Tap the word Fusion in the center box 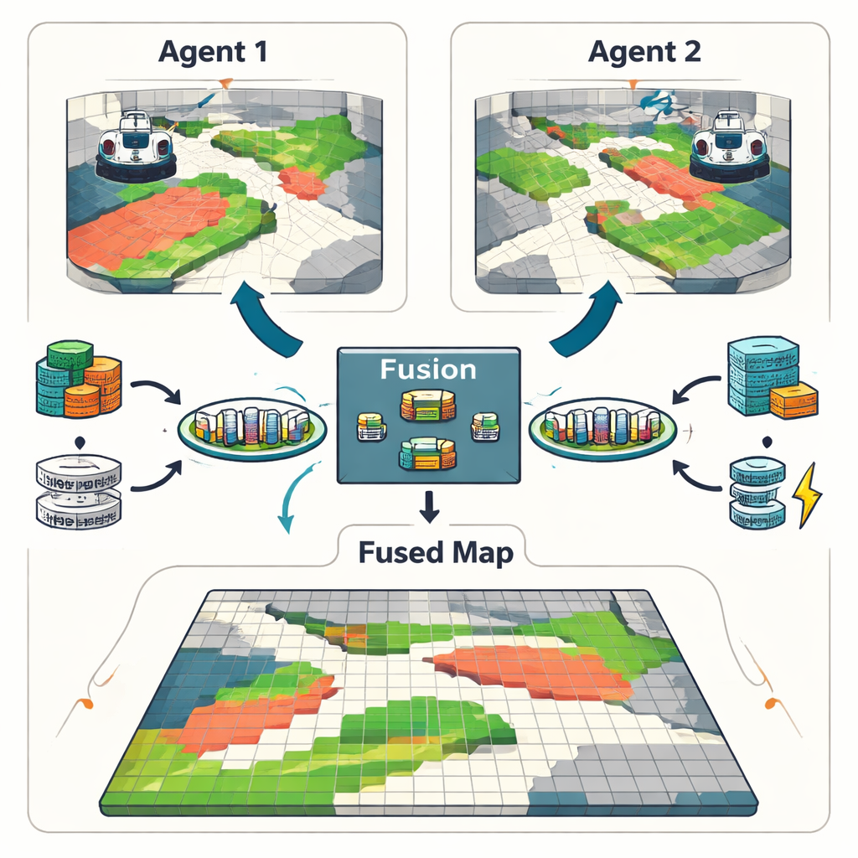coord(428,369)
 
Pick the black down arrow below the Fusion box coord(429,506)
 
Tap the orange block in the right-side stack coord(793,401)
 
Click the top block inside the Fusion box coord(427,405)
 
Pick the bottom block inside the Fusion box coord(427,454)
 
